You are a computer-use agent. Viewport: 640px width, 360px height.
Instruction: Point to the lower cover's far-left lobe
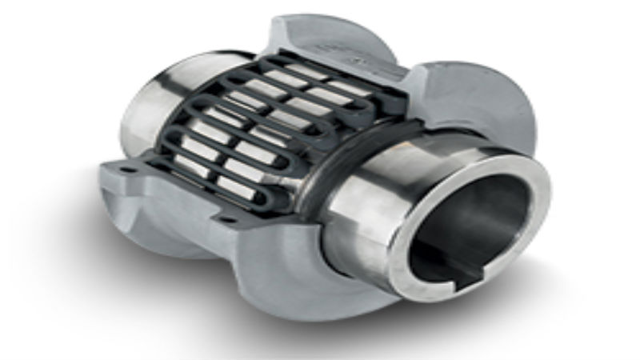[120, 208]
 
